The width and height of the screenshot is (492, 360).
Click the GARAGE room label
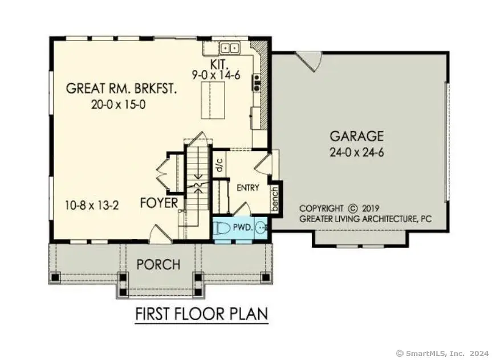tap(357, 136)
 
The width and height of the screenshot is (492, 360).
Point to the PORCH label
tap(158, 265)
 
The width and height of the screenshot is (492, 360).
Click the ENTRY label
tap(248, 187)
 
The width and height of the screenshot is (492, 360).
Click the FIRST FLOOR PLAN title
tap(201, 314)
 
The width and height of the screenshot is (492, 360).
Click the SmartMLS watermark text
tap(442, 353)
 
